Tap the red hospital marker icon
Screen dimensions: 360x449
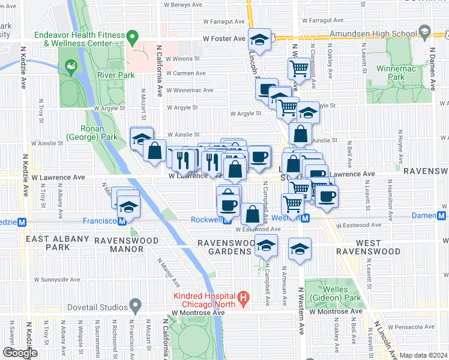pyautogui.click(x=243, y=297)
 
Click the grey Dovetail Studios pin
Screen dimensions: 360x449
pyautogui.click(x=136, y=306)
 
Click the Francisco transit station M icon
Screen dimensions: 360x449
pyautogui.click(x=122, y=221)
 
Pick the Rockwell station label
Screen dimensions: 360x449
pyautogui.click(x=206, y=220)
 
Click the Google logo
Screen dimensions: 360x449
pyautogui.click(x=20, y=353)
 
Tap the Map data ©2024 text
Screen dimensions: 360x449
pyautogui.click(x=423, y=355)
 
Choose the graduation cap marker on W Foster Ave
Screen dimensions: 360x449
pyautogui.click(x=259, y=40)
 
